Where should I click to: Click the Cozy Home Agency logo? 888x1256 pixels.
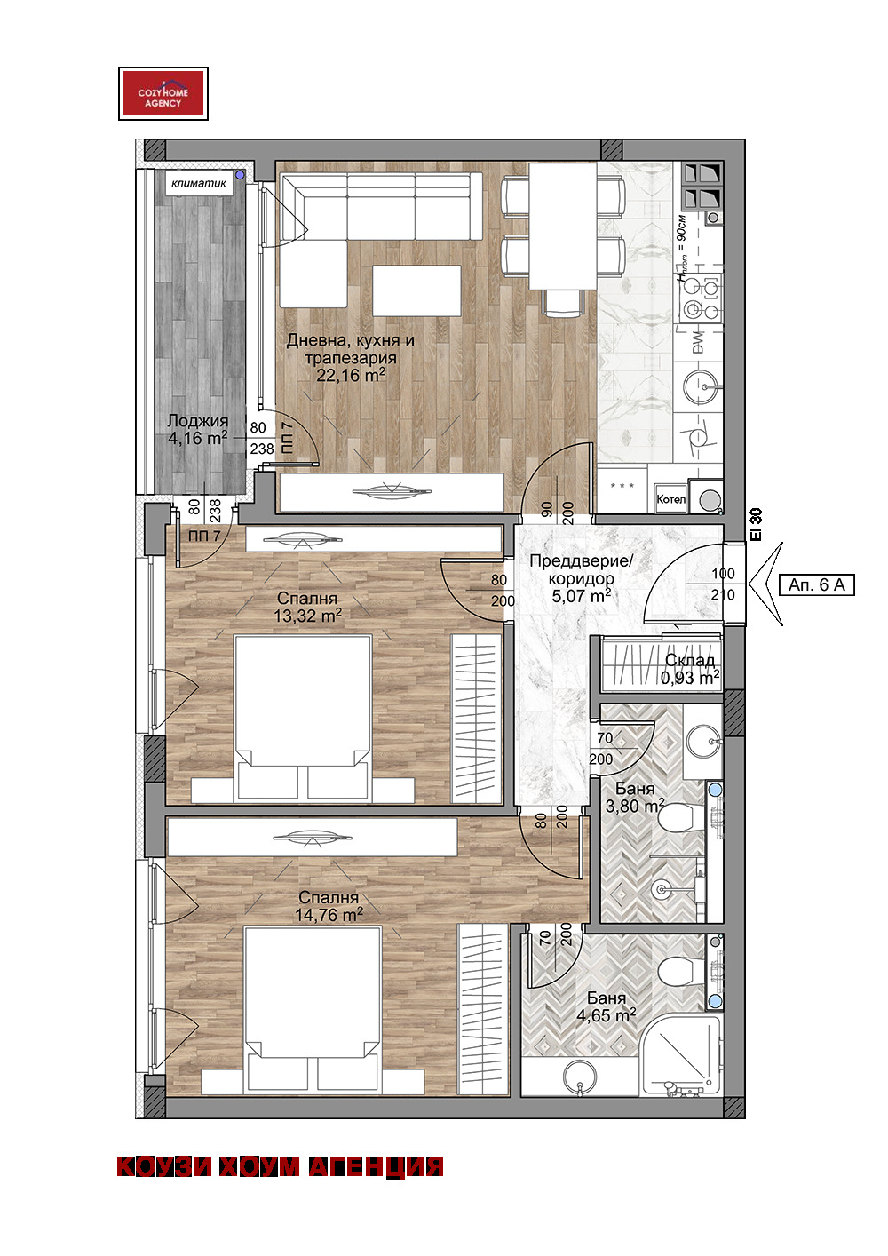[163, 93]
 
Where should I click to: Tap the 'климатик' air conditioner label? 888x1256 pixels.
[199, 183]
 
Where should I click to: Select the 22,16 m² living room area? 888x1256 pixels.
[351, 375]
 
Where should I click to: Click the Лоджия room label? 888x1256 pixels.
[198, 420]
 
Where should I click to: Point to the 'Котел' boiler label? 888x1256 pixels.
[671, 499]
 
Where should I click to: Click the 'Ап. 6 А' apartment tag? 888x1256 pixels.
[816, 584]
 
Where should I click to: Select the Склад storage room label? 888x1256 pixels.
[690, 661]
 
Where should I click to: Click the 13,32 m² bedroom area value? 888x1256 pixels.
[308, 616]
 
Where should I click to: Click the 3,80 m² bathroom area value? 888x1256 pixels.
[635, 806]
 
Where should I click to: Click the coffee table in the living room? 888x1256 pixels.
[416, 290]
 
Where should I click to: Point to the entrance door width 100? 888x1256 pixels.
[723, 574]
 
